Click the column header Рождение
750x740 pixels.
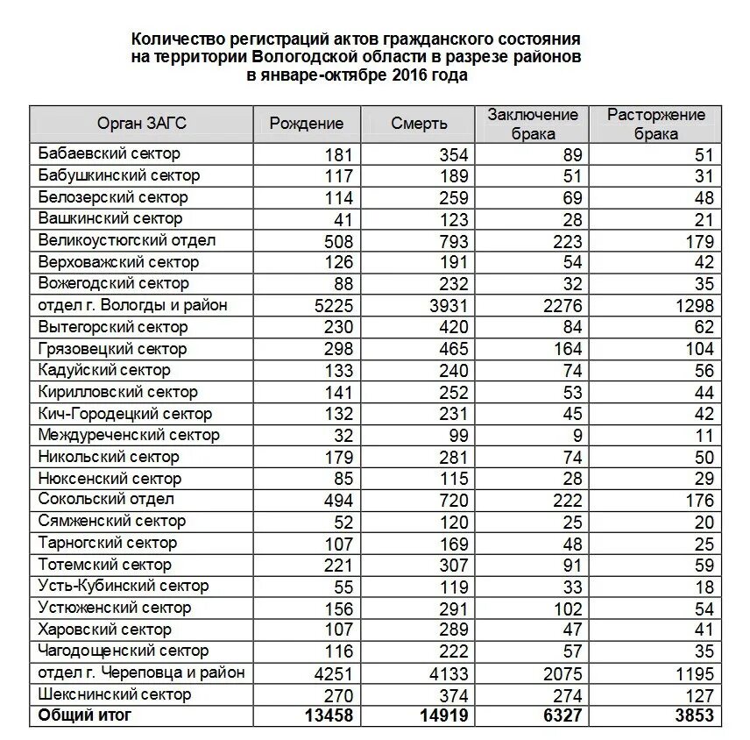[306, 124]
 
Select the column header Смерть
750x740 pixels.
[419, 124]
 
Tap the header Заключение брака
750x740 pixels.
[533, 124]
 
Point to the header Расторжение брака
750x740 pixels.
[656, 124]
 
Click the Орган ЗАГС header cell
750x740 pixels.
[142, 124]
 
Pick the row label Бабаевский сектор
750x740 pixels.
[110, 154]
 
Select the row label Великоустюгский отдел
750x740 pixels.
[127, 240]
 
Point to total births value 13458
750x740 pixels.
[329, 716]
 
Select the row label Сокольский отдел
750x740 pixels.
[106, 500]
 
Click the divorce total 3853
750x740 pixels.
[694, 716]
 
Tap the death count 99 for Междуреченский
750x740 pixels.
[458, 436]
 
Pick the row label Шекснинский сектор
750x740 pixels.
[114, 694]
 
